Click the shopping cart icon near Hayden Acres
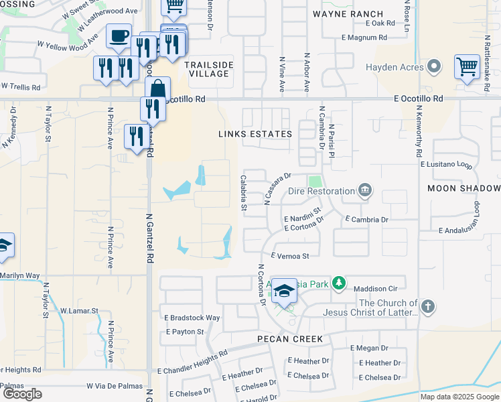[467, 67]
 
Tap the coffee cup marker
[119, 36]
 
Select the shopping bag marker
[157, 89]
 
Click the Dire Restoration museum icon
[365, 191]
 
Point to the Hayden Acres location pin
[434, 67]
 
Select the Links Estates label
[255, 134]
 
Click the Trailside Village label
[208, 69]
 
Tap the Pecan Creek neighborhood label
[290, 339]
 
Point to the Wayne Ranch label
[348, 13]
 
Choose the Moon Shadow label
[463, 188]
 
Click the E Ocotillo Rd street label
[419, 98]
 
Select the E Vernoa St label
[290, 256]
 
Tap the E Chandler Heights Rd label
[192, 361]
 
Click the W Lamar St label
[79, 311]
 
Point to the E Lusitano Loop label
[446, 164]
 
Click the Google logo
[22, 394]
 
